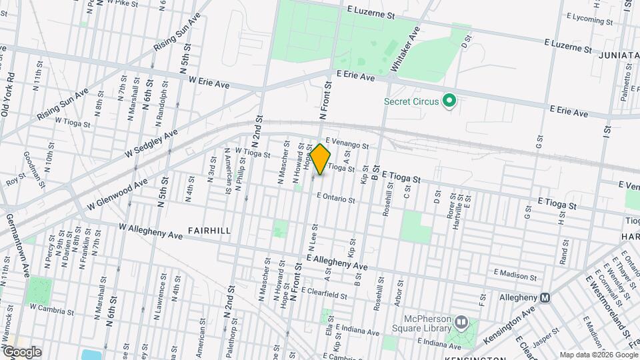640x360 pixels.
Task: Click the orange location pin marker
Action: pyautogui.click(x=321, y=159)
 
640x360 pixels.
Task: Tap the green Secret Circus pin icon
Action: pyautogui.click(x=449, y=101)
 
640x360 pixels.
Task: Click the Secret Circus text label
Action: pyautogui.click(x=411, y=101)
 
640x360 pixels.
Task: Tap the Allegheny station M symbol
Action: pyautogui.click(x=545, y=297)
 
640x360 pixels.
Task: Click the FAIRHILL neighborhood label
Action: pyautogui.click(x=209, y=231)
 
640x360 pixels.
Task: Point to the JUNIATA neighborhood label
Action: pyautogui.click(x=618, y=54)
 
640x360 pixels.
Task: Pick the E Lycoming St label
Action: pyautogui.click(x=589, y=19)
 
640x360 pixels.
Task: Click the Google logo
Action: pyautogui.click(x=21, y=351)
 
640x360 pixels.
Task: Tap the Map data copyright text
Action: pyautogui.click(x=598, y=354)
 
